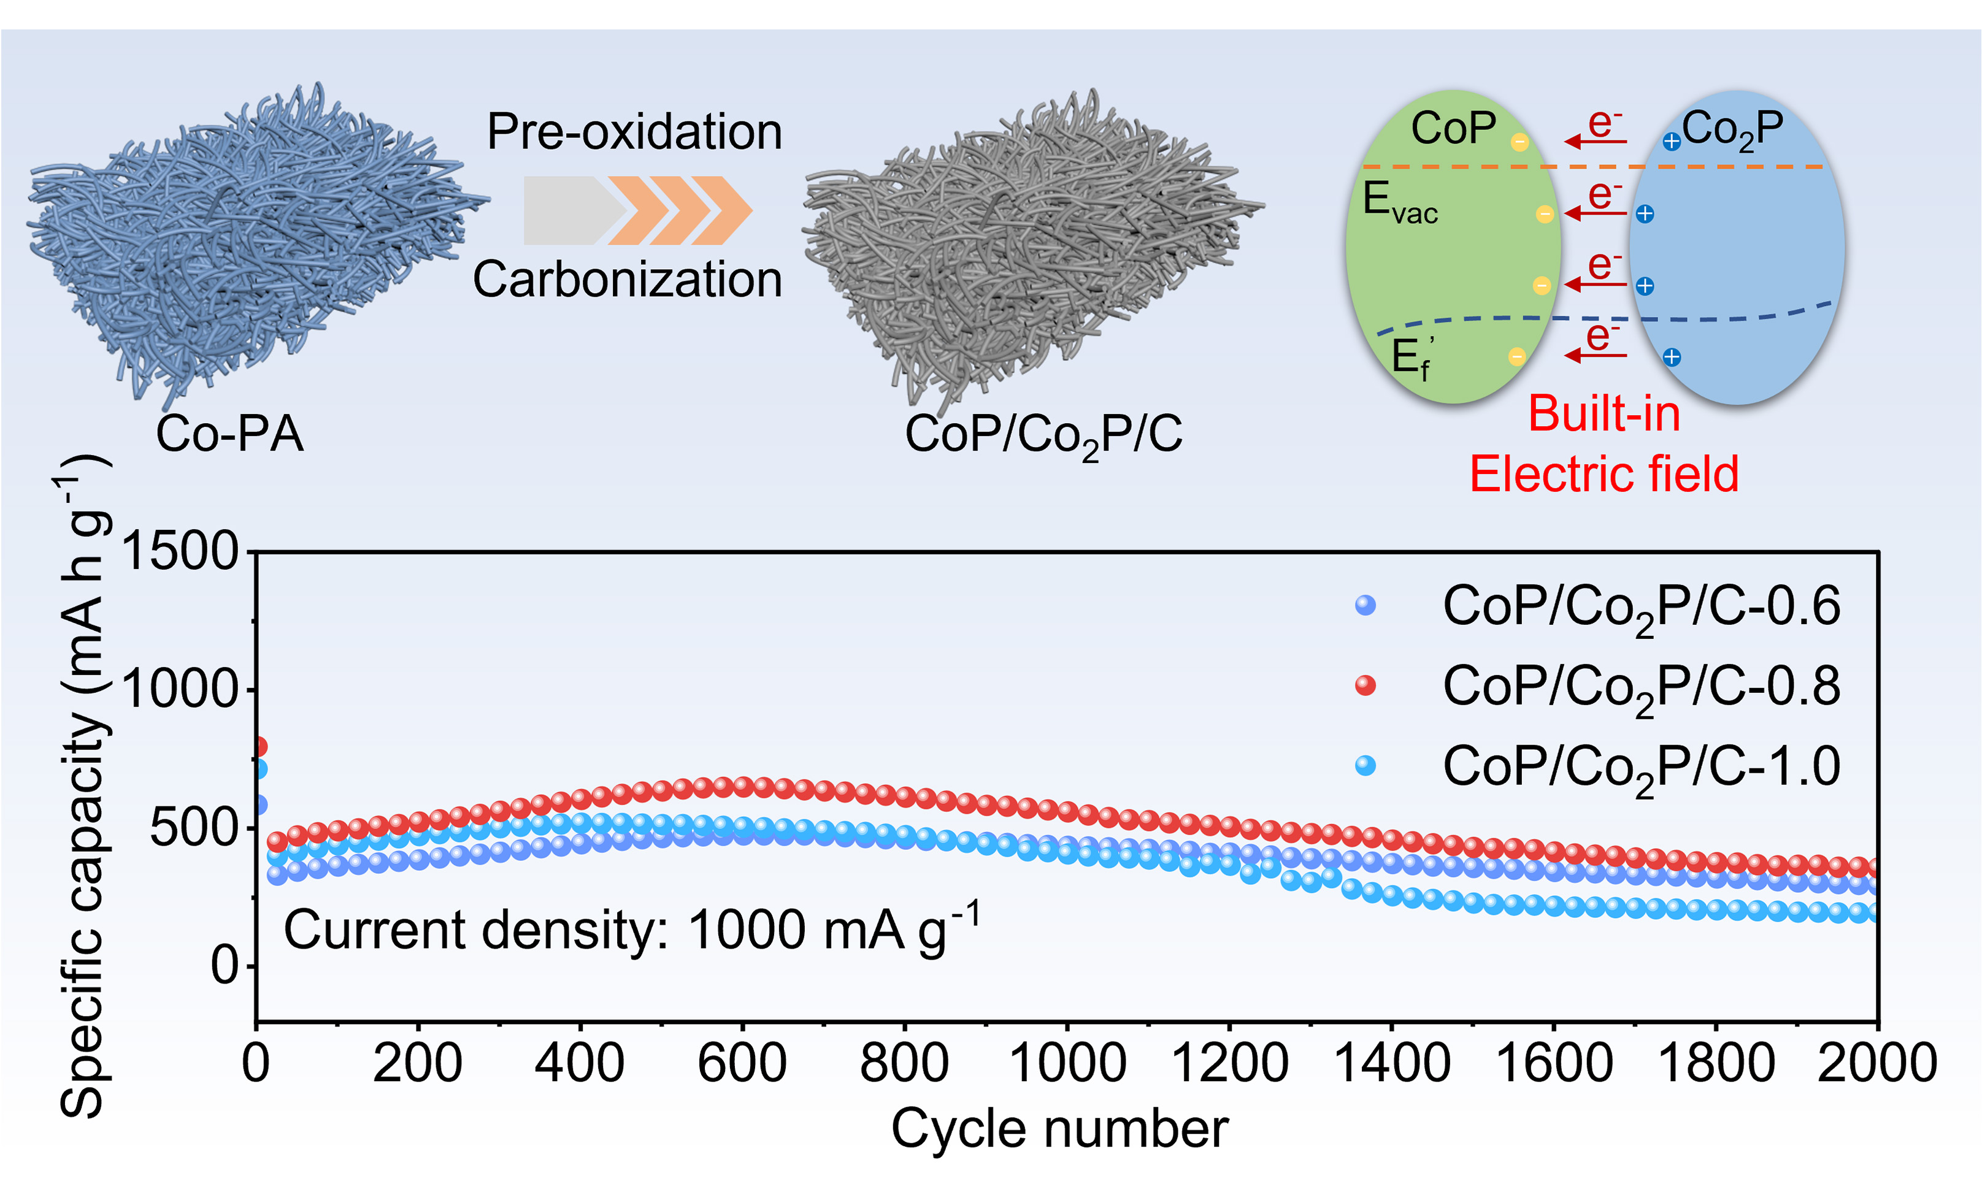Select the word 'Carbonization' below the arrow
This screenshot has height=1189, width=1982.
pos(627,280)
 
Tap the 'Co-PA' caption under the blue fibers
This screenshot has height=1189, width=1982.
pos(229,434)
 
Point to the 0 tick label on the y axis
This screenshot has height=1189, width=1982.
pos(224,965)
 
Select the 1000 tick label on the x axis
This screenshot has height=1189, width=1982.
pos(1067,1063)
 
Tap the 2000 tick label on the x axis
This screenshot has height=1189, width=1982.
pos(1877,1063)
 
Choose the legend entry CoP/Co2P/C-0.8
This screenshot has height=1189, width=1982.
pos(1640,687)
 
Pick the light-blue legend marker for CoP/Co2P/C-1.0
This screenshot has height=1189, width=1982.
pos(1365,766)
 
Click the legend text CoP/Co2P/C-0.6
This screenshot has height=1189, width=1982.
pos(1640,607)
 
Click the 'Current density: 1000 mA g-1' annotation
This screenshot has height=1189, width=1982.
pos(632,930)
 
